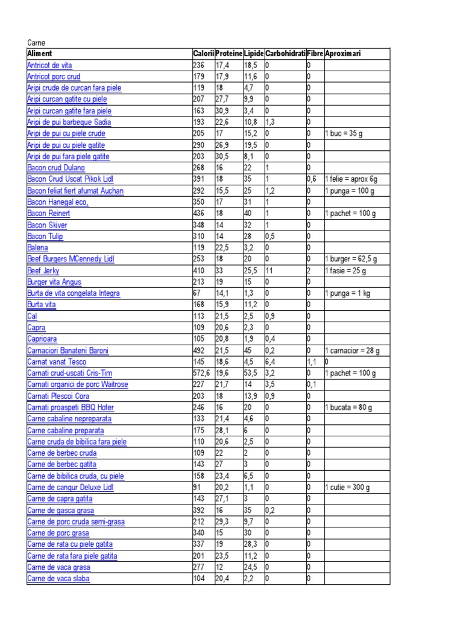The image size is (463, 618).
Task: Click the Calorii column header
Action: [203, 54]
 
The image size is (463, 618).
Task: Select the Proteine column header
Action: [228, 54]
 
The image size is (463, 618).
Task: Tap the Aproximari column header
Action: [343, 54]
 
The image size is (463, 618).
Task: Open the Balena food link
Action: [38, 247]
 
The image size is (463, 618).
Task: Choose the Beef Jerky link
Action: [43, 270]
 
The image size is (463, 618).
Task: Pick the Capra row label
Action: [37, 328]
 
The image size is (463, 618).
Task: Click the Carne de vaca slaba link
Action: [59, 579]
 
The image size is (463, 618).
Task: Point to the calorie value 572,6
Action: [203, 373]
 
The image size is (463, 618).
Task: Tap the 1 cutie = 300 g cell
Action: [347, 487]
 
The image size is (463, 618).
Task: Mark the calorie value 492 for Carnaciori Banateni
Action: [199, 351]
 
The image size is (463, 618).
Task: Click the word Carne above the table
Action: [37, 43]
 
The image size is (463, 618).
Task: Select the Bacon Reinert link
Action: [49, 213]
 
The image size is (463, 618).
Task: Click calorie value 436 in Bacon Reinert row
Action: [199, 213]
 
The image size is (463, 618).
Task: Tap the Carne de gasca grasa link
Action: [60, 510]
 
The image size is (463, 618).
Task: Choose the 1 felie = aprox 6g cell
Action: [351, 179]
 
